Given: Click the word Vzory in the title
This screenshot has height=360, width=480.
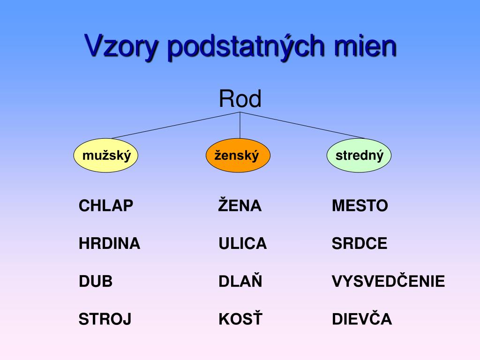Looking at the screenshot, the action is pyautogui.click(x=121, y=46).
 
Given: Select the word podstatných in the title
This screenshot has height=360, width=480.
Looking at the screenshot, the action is pyautogui.click(x=246, y=46).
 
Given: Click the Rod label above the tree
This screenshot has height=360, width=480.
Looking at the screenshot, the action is pyautogui.click(x=240, y=98).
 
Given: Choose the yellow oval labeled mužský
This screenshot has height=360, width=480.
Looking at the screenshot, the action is pyautogui.click(x=105, y=155).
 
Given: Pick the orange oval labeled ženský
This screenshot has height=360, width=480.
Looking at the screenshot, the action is pyautogui.click(x=238, y=155).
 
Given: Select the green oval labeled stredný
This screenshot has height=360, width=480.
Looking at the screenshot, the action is pyautogui.click(x=359, y=155).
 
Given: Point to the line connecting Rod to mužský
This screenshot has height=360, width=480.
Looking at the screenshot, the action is pyautogui.click(x=175, y=126).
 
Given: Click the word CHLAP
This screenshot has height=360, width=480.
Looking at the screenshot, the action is pyautogui.click(x=106, y=206).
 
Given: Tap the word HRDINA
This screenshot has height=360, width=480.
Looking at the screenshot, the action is pyautogui.click(x=110, y=244).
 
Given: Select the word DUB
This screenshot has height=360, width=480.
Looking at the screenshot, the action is pyautogui.click(x=96, y=281).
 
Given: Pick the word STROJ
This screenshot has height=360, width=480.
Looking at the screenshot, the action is pyautogui.click(x=105, y=319).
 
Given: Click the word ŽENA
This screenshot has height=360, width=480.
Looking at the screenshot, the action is pyautogui.click(x=240, y=204).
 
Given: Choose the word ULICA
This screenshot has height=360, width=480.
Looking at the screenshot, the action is pyautogui.click(x=242, y=244).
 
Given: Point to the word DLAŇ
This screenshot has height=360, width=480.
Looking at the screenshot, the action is pyautogui.click(x=240, y=280).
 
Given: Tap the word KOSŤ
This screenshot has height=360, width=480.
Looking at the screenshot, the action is pyautogui.click(x=240, y=318).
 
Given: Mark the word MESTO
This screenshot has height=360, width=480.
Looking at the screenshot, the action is pyautogui.click(x=360, y=206).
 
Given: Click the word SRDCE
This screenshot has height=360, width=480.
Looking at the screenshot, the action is pyautogui.click(x=360, y=244).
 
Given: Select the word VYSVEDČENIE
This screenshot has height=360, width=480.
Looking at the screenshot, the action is pyautogui.click(x=389, y=280).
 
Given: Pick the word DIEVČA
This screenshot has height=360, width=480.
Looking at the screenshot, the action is pyautogui.click(x=362, y=318).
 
